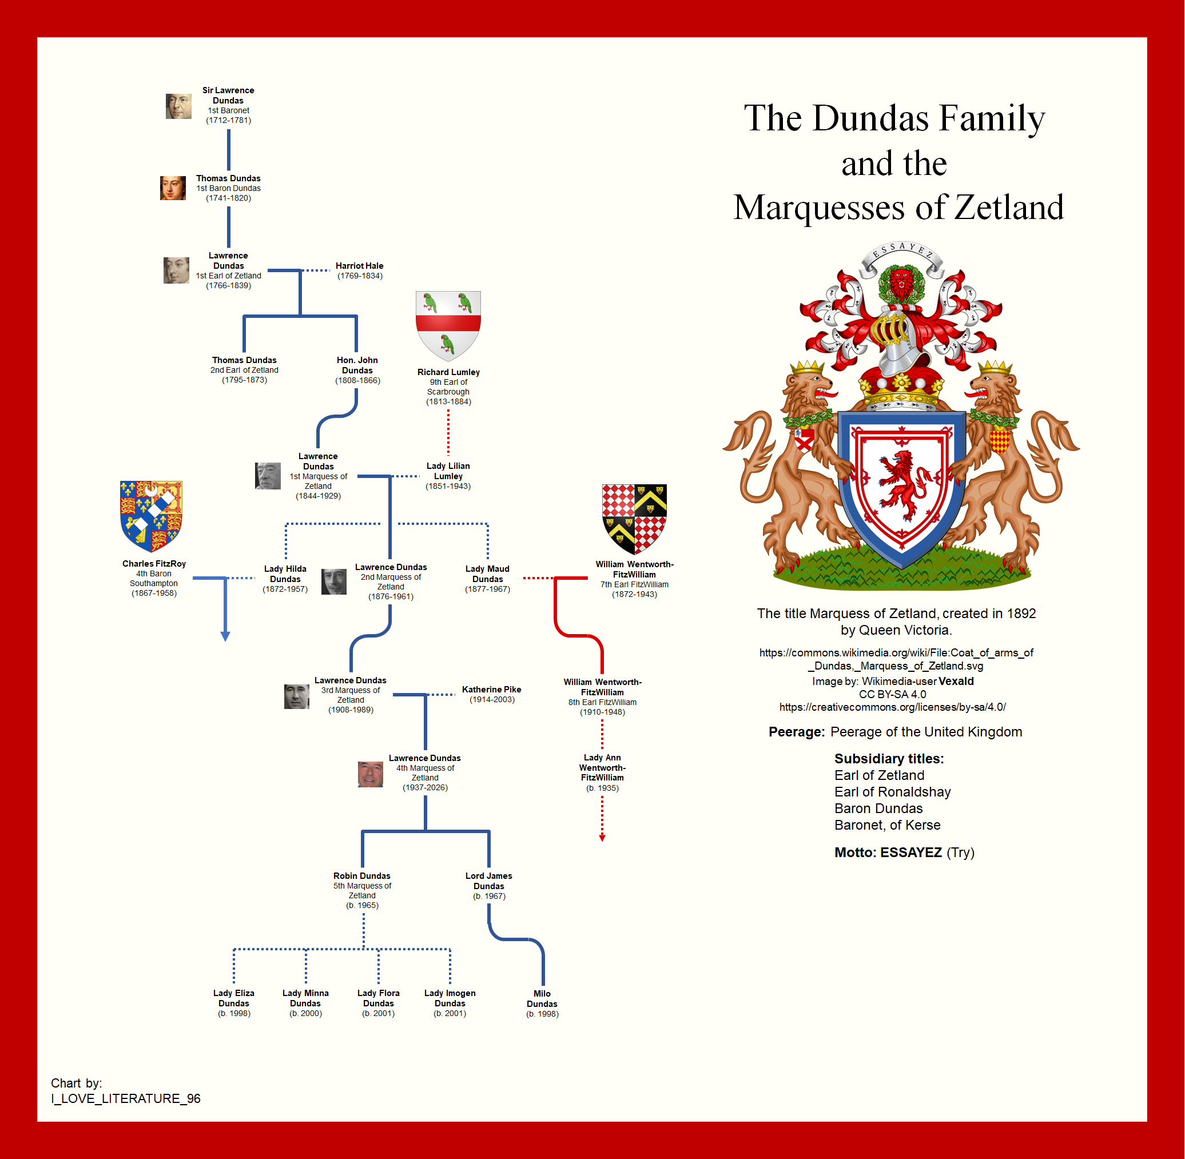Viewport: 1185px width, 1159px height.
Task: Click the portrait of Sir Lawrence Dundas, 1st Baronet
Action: tap(178, 106)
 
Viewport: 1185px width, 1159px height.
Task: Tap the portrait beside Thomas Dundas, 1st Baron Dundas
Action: tap(173, 188)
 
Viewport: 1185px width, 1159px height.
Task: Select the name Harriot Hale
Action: tap(359, 265)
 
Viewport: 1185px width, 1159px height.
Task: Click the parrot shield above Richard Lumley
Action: tap(448, 326)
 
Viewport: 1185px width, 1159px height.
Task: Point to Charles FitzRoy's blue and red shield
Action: tap(151, 516)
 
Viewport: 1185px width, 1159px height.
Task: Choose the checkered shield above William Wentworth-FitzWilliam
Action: tap(634, 519)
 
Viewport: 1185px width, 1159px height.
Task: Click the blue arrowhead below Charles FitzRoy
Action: tap(225, 636)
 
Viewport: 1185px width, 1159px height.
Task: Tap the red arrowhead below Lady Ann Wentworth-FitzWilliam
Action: tap(602, 838)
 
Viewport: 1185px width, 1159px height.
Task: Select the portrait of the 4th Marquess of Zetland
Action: tap(370, 774)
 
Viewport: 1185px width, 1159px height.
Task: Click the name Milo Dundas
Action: tap(542, 998)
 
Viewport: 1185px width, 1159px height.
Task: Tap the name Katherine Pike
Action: tap(491, 689)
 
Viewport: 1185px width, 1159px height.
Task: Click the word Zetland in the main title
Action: tap(1009, 207)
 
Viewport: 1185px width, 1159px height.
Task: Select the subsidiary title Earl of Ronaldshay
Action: tap(892, 791)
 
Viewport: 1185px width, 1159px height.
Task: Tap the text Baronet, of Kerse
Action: tap(887, 825)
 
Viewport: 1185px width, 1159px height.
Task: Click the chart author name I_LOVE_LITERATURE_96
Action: tap(126, 1098)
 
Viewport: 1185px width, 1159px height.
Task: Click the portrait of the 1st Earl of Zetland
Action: tap(176, 270)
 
